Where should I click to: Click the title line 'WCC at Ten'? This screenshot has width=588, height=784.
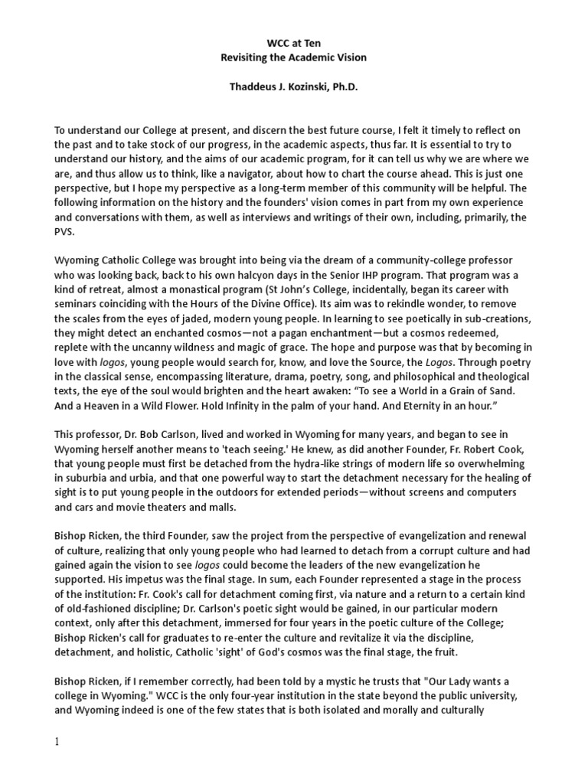[x=293, y=44]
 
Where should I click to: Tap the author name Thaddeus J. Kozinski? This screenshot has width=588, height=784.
[x=293, y=87]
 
